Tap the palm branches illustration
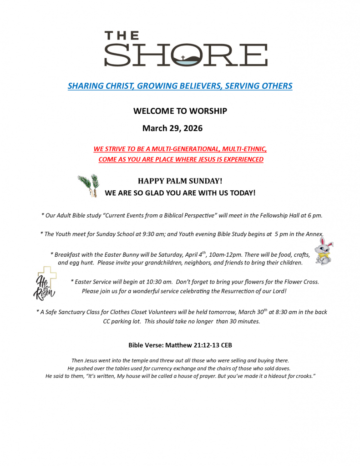coord(88,185)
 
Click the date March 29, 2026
coord(172,128)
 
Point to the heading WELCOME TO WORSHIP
coord(180,111)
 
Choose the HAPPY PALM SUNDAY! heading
coord(180,181)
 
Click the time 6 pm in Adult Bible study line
coord(314,215)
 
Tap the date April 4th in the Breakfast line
coord(195,254)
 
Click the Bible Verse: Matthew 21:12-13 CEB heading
coord(180,345)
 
